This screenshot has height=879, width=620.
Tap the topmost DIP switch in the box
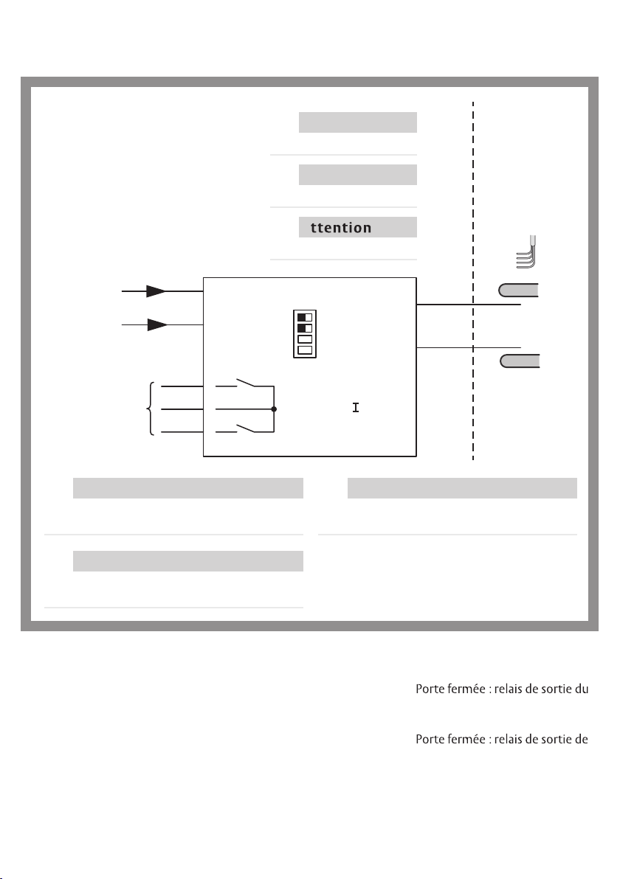(x=304, y=317)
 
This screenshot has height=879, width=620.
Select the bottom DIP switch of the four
(x=304, y=350)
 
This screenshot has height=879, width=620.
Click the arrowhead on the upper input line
(x=155, y=291)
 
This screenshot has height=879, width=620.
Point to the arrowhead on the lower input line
(x=156, y=325)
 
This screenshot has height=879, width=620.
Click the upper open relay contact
(x=247, y=383)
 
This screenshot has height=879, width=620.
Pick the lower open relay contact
(x=247, y=430)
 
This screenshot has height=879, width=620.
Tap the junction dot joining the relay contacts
(x=274, y=409)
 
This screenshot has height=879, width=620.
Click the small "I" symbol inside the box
(x=355, y=407)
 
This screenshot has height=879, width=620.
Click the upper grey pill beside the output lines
(x=519, y=290)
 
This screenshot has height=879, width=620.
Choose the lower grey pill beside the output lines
(x=519, y=361)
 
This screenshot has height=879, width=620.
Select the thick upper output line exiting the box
(x=469, y=304)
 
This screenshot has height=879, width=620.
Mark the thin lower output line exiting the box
(x=469, y=347)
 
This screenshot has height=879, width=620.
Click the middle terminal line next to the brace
(x=183, y=409)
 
